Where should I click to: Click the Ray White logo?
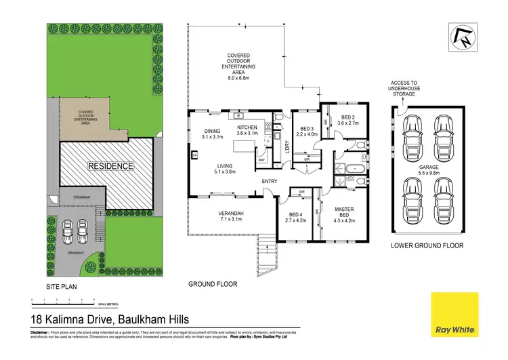[x=455, y=314]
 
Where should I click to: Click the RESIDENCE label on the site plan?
[x=109, y=165]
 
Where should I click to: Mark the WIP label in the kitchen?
[x=261, y=161]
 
